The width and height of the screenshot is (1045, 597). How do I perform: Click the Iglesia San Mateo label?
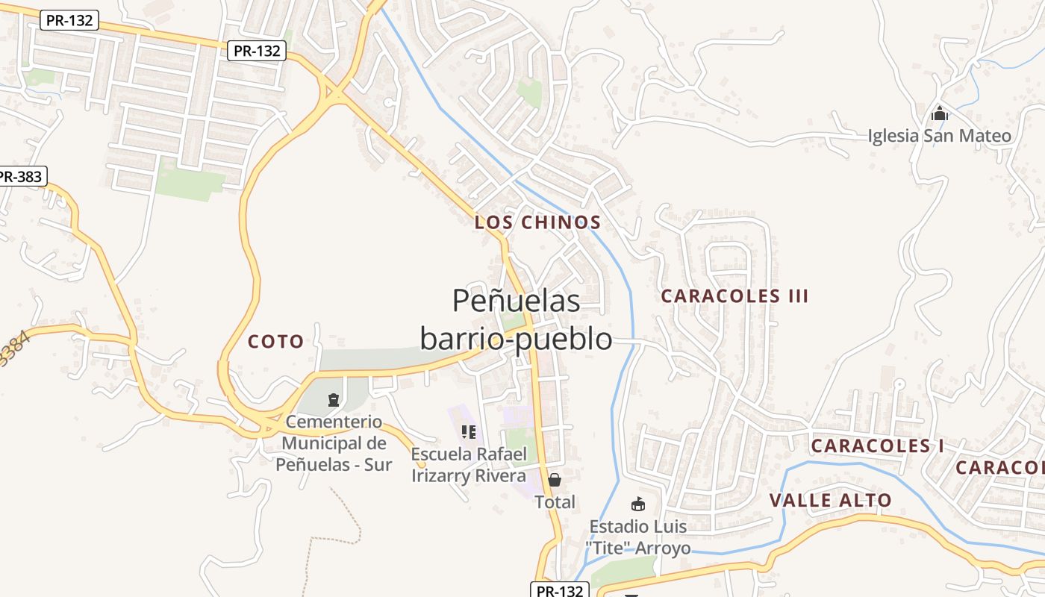pos(939,136)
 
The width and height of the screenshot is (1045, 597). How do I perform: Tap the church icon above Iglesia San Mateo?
pos(939,114)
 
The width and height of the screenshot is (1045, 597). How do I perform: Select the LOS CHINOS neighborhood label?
pos(537,222)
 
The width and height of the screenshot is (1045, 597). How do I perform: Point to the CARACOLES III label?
pos(734,296)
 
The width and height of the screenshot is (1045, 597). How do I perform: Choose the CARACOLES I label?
pos(877,446)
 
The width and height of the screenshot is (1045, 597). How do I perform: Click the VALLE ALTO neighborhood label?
pos(830,500)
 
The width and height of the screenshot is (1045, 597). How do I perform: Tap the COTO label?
pos(275,342)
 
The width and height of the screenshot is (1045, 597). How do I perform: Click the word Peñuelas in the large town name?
pos(516,300)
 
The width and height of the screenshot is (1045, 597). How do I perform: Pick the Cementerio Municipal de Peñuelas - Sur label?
pos(334,443)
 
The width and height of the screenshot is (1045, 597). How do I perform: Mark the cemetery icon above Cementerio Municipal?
pos(333,400)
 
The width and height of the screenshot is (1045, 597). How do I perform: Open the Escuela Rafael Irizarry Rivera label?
pos(469,464)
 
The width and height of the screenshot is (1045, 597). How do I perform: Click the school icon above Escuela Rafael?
pos(468,431)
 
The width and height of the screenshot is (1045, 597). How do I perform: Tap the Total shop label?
pos(555,502)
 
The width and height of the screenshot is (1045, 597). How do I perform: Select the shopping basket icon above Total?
pos(554,479)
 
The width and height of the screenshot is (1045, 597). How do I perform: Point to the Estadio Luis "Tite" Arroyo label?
pos(637,537)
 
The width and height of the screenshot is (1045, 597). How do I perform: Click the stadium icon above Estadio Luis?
pos(637,504)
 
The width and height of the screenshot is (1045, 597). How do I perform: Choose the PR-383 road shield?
pos(21,177)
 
